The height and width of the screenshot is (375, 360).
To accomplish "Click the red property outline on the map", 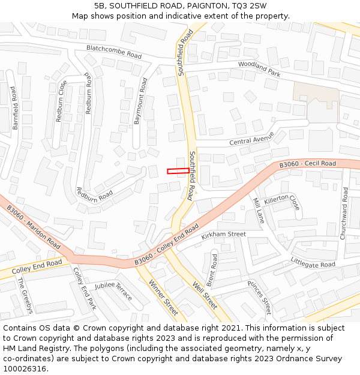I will (x=178, y=171).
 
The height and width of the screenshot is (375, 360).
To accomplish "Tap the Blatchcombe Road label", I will (x=113, y=52).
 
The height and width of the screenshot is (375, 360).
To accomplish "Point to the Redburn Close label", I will (x=62, y=101).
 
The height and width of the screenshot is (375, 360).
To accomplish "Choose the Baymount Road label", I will (x=140, y=101).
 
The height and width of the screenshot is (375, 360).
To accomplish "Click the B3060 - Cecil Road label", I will (x=308, y=164).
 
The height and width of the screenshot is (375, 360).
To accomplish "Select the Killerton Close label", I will (x=281, y=202).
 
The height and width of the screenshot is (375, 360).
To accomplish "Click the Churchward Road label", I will (x=344, y=214).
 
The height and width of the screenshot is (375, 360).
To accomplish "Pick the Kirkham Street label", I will (x=224, y=235).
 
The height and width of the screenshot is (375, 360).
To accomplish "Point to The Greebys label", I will (x=25, y=295).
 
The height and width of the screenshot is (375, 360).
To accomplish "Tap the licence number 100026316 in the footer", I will (x=25, y=368).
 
